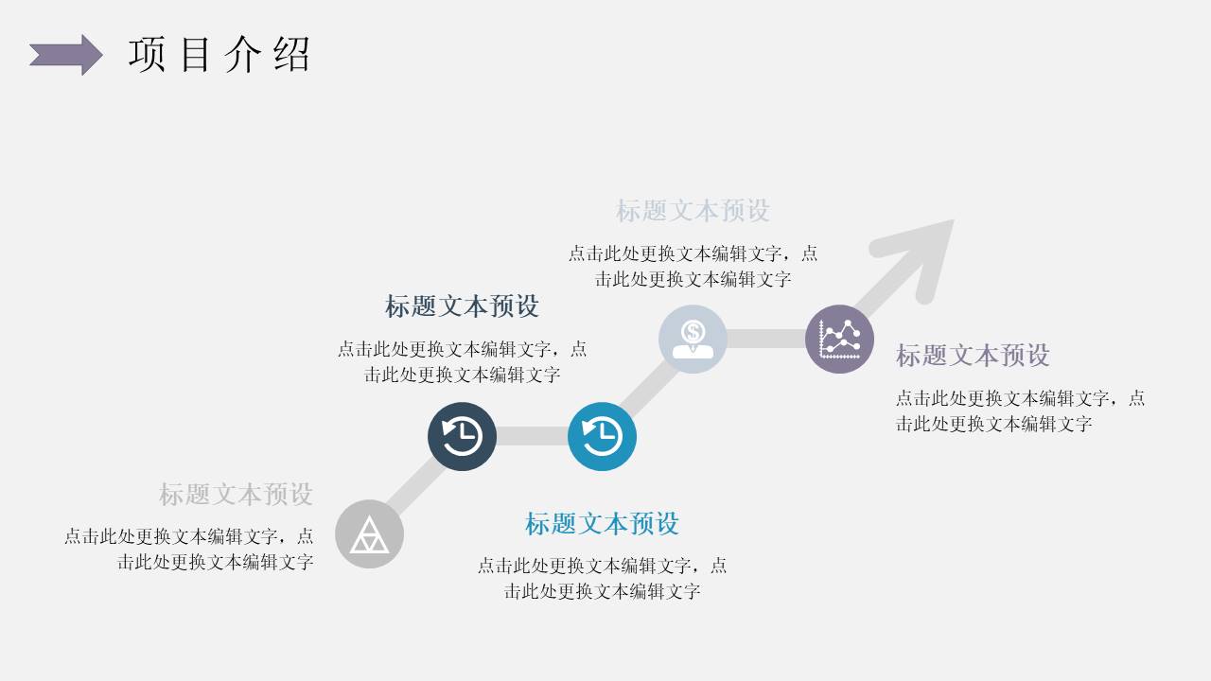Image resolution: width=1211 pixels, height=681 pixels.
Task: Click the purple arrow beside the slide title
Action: (65, 55)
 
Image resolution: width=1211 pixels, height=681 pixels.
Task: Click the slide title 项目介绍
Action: (219, 55)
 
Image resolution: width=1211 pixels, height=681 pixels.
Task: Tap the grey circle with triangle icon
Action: (369, 534)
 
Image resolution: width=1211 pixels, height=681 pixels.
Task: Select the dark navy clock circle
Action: (462, 436)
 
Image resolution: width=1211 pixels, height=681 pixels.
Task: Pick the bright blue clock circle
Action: (602, 436)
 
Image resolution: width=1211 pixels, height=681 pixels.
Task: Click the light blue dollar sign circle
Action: (693, 339)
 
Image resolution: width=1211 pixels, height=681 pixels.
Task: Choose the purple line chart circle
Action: (839, 339)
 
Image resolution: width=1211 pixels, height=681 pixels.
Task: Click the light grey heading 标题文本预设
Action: (236, 494)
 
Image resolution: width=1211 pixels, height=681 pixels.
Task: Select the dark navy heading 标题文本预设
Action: (462, 306)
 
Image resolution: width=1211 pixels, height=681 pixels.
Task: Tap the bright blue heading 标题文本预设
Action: (602, 523)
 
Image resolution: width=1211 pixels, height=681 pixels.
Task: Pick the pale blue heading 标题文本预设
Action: (693, 210)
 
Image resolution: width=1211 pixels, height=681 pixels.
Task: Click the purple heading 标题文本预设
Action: (973, 355)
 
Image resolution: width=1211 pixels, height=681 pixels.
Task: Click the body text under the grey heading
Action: (189, 549)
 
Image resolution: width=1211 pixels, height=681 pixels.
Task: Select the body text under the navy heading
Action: (462, 361)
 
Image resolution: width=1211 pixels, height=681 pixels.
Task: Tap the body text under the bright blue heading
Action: (602, 578)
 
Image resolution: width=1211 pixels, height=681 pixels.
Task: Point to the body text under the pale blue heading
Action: (693, 266)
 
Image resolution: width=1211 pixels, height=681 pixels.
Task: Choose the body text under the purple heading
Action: (1020, 410)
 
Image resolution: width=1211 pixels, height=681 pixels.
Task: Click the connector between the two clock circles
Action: (532, 436)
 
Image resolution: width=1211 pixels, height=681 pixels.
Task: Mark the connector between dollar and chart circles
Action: (765, 339)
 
